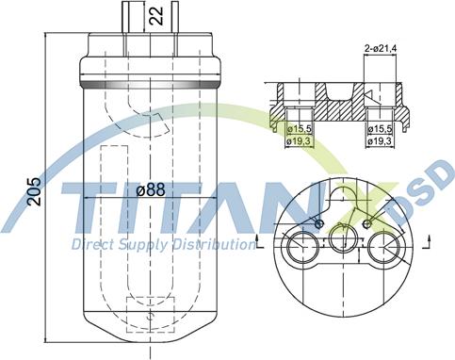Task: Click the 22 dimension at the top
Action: pyautogui.click(x=156, y=16)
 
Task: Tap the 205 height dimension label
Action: pyautogui.click(x=34, y=191)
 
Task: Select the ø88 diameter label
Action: pyautogui.click(x=151, y=189)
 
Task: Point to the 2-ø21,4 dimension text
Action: pyautogui.click(x=381, y=49)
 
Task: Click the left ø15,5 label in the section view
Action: pyautogui.click(x=300, y=129)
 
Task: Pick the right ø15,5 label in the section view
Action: pyautogui.click(x=381, y=129)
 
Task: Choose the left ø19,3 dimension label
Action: pyautogui.click(x=299, y=141)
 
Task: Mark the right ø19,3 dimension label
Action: pyautogui.click(x=381, y=141)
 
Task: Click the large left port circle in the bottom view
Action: pyautogui.click(x=287, y=247)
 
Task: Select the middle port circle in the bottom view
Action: pyautogui.click(x=331, y=237)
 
